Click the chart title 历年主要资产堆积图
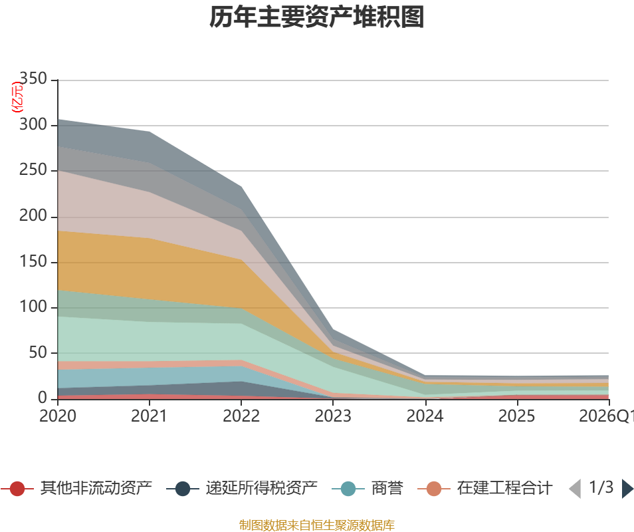[x=316, y=18]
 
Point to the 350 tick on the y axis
[x=33, y=80]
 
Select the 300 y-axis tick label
[x=33, y=125]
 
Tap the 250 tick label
[x=33, y=171]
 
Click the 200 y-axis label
[x=33, y=216]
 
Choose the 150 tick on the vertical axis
[x=33, y=262]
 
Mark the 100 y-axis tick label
[x=33, y=307]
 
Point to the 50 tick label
[x=38, y=353]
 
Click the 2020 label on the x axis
[x=57, y=416]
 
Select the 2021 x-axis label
[x=149, y=416]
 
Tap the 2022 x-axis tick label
[x=241, y=416]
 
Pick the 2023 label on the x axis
[x=333, y=416]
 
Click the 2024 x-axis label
[x=425, y=416]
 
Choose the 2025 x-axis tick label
[x=516, y=416]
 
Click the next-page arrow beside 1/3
[x=627, y=489]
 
